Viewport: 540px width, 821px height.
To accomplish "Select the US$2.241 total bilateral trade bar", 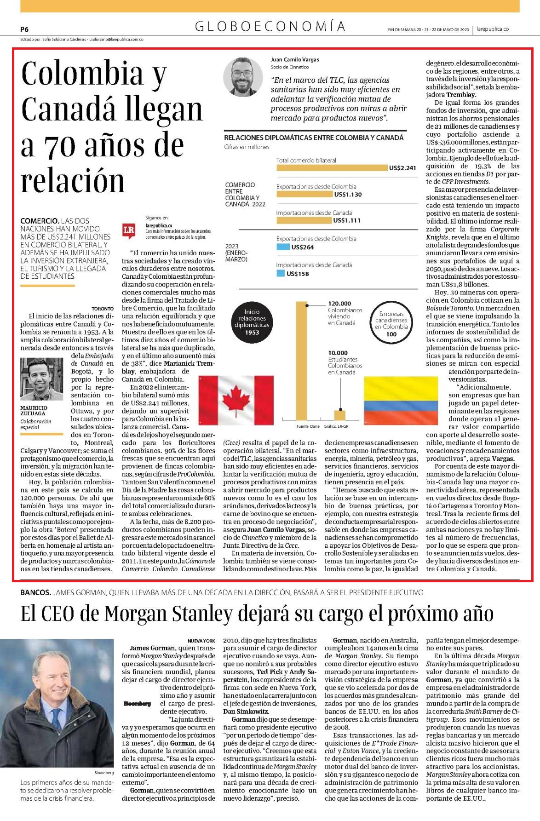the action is [x=332, y=167].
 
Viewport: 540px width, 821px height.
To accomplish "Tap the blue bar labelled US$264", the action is [x=283, y=247].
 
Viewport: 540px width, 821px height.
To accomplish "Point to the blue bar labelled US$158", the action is [x=281, y=274].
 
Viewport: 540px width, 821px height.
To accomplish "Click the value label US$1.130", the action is [x=348, y=195].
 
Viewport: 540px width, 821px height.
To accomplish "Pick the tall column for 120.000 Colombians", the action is [x=301, y=360].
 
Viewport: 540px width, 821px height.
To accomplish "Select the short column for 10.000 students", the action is [x=339, y=415].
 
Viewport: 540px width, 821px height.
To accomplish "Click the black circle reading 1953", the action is [x=252, y=322].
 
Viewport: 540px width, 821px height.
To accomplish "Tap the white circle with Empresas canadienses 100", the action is [x=391, y=322].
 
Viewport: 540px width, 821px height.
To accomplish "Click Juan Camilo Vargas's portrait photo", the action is [x=243, y=77].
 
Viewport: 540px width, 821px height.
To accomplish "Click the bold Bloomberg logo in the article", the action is [x=137, y=704].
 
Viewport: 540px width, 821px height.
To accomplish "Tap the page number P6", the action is [x=24, y=29].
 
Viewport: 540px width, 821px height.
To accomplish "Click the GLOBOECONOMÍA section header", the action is [x=270, y=27].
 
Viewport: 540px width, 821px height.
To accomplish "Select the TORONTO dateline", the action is [x=103, y=309].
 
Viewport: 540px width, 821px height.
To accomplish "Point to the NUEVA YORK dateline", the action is [x=201, y=640].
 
